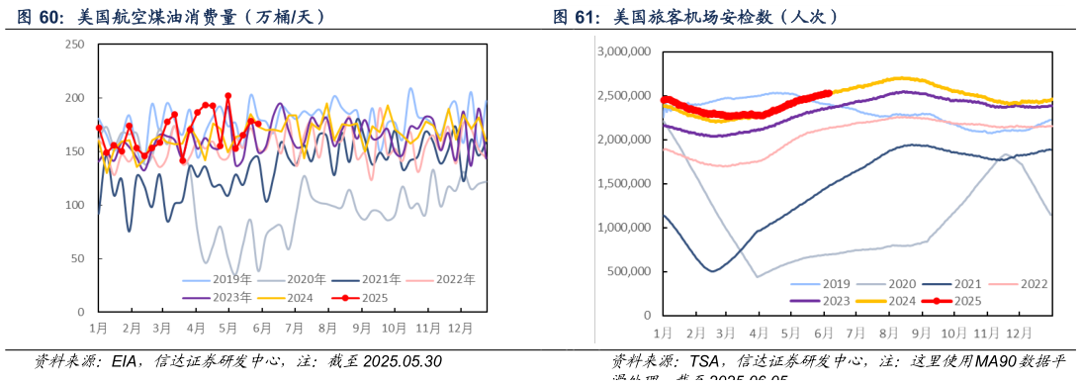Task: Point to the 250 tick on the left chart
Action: coord(73,45)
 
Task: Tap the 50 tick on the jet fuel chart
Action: coord(77,258)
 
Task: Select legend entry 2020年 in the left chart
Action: coord(298,279)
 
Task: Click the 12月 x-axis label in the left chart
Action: coord(458,327)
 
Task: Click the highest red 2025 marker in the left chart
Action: coord(228,96)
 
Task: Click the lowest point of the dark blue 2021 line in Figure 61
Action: coord(713,270)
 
